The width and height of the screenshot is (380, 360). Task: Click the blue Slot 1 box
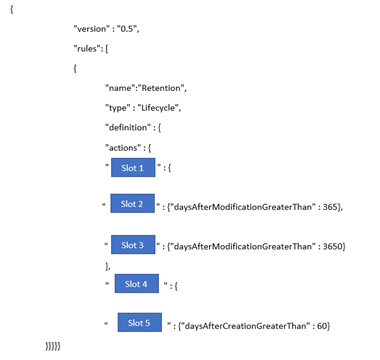(133, 167)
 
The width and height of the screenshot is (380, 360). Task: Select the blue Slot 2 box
(133, 203)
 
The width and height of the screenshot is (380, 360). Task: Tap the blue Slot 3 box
(133, 245)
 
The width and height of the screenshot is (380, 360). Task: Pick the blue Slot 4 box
(137, 283)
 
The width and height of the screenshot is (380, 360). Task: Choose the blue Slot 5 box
(140, 322)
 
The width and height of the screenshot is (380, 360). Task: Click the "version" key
(91, 29)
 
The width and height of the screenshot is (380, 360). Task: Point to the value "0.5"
(127, 29)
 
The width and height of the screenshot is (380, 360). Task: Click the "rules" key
(86, 49)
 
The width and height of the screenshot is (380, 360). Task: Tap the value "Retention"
(161, 88)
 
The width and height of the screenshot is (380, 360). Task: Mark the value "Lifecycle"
(158, 108)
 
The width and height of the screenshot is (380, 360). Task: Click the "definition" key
(128, 127)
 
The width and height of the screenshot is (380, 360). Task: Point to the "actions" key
(123, 147)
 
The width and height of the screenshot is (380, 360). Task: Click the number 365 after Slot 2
(330, 207)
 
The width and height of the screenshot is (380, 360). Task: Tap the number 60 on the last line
(322, 325)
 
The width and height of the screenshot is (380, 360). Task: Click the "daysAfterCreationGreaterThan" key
(245, 326)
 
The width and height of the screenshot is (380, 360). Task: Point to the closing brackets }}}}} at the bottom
(53, 346)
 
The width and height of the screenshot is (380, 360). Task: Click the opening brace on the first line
(12, 9)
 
